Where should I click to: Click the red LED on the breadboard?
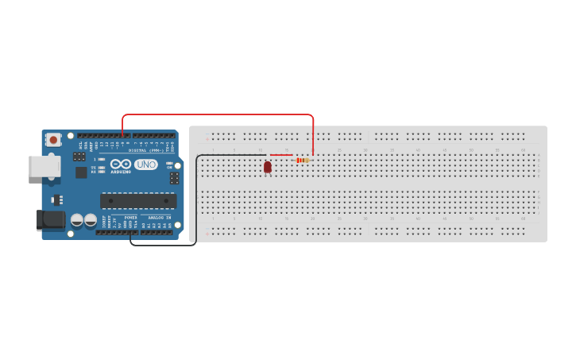[x=268, y=167]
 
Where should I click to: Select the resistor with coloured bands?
[x=302, y=161]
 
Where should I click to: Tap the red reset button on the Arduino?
[x=53, y=140]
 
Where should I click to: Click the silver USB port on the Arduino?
[x=44, y=166]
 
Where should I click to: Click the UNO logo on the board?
[x=145, y=165]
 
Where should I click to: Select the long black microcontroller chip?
[x=138, y=200]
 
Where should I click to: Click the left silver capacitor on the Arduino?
[x=77, y=220]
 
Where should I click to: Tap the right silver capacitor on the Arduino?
[x=91, y=220]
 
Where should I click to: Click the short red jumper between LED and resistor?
[x=281, y=155]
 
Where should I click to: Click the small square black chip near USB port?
[x=81, y=172]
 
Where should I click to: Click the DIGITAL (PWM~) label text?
[x=146, y=150]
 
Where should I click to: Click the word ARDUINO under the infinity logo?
[x=120, y=171]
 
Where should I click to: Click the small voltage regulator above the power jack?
[x=56, y=199]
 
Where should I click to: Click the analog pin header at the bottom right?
[x=157, y=232]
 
